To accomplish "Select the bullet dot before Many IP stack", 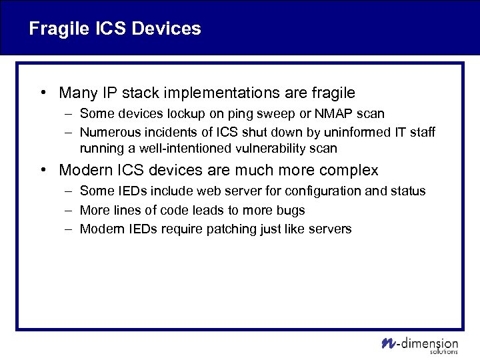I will coord(43,93).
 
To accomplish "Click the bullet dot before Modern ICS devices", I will coord(43,170).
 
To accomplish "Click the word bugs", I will coord(292,210).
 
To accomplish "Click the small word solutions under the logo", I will coord(445,351).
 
